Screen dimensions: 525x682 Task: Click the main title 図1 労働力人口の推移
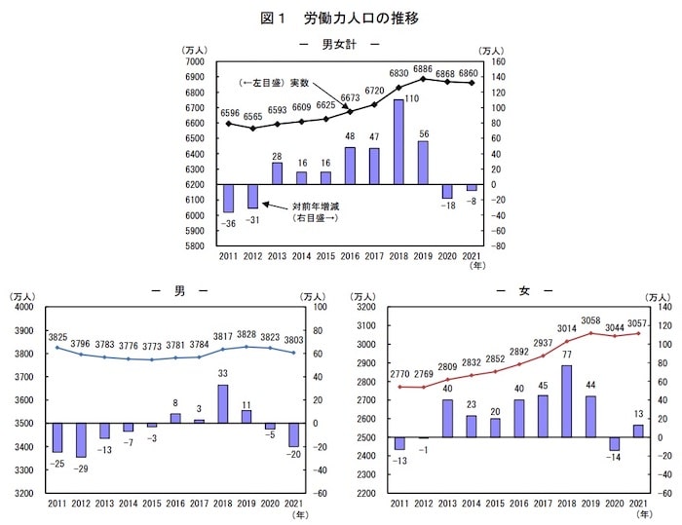point(341,18)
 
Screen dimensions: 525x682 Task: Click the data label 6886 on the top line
point(422,70)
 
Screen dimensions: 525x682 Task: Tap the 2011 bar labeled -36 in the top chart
point(228,198)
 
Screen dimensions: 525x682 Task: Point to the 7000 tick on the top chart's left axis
point(193,60)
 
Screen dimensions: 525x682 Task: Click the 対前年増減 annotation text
point(320,206)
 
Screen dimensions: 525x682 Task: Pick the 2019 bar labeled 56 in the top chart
point(422,163)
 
